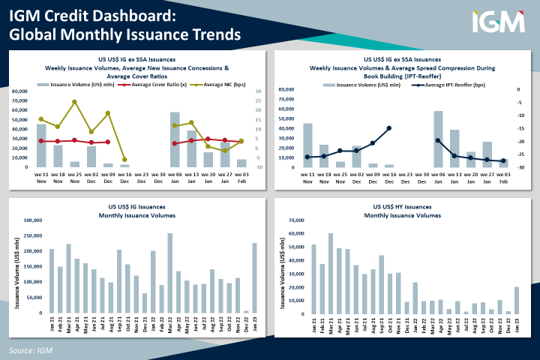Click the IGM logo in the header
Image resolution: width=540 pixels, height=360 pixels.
click(x=498, y=22)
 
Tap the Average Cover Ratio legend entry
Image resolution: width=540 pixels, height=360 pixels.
click(x=153, y=85)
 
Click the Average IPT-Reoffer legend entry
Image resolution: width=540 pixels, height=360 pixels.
click(x=454, y=85)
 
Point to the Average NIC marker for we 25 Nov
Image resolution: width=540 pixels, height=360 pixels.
click(x=74, y=101)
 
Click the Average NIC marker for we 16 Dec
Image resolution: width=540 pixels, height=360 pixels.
click(x=124, y=160)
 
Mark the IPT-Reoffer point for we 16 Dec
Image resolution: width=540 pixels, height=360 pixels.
click(x=388, y=128)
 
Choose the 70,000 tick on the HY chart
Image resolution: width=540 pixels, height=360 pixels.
click(x=296, y=220)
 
